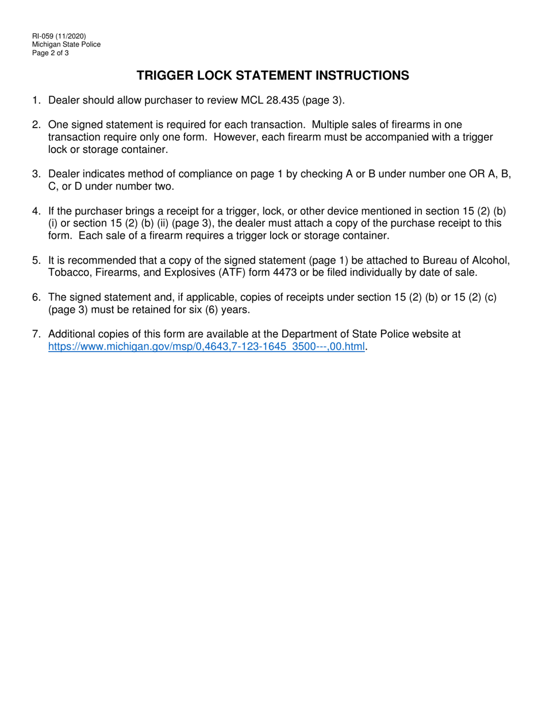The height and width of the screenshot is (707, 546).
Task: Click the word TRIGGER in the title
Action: coord(167,75)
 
